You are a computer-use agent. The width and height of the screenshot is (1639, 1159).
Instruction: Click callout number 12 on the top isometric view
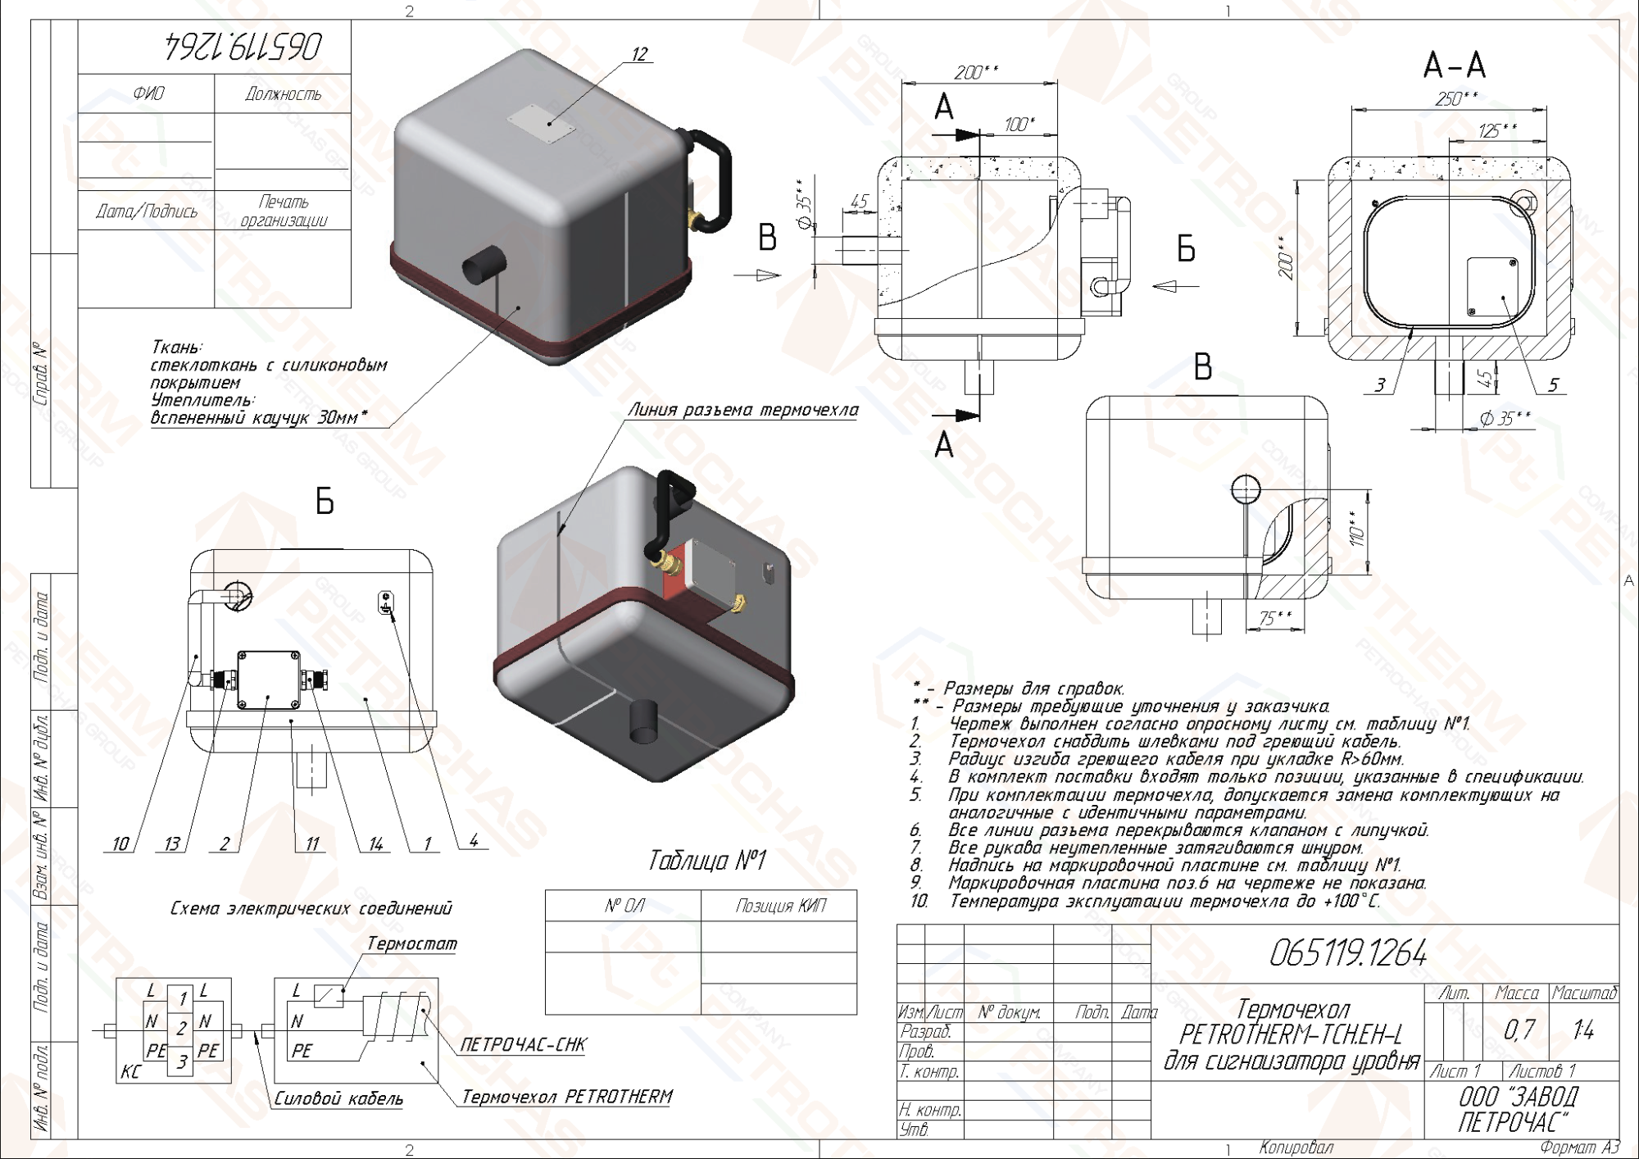[639, 54]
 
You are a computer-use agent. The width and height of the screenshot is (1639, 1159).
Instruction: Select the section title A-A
[1455, 65]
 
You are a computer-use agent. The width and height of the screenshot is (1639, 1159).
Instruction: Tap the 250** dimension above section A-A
[1456, 99]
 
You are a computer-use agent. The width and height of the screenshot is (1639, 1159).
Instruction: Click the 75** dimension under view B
[1275, 618]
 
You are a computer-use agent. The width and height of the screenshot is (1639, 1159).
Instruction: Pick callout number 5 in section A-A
[1552, 384]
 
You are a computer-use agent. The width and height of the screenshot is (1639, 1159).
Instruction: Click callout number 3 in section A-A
[1380, 384]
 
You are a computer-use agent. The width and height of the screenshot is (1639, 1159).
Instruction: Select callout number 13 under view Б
[172, 843]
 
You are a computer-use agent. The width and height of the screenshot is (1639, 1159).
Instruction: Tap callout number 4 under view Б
[474, 840]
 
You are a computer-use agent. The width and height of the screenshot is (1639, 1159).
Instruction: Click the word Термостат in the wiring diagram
[411, 943]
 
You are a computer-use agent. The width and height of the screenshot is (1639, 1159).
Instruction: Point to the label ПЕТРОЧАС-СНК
[523, 1044]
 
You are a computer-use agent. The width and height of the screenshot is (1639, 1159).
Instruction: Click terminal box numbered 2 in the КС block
[181, 1028]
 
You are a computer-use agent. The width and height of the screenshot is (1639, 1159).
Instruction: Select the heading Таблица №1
[706, 861]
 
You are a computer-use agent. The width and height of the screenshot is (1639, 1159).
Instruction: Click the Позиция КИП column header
[780, 906]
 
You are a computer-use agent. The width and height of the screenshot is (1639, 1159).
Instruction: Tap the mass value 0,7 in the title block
[1519, 1029]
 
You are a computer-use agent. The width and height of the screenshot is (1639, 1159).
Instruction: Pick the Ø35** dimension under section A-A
[1505, 419]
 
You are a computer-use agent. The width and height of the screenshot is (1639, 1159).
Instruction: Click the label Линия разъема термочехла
[743, 410]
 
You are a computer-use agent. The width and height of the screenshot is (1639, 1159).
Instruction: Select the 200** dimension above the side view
[976, 72]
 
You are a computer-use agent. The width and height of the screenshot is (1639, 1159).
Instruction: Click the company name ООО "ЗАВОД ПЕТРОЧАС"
[1518, 1109]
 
